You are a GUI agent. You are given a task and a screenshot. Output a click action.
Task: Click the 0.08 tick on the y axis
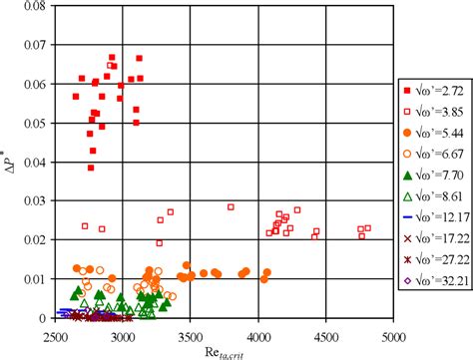(34, 7)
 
